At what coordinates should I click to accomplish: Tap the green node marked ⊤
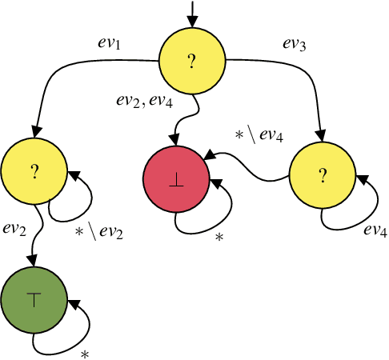click(34, 298)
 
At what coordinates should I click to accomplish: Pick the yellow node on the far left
click(34, 170)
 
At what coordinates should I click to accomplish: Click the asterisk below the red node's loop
click(219, 238)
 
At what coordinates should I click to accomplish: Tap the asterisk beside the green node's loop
click(84, 353)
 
